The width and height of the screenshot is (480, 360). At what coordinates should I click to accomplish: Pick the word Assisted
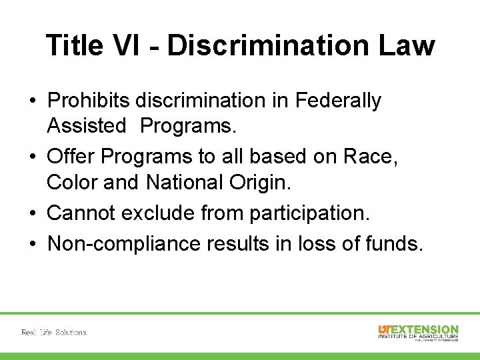(87, 125)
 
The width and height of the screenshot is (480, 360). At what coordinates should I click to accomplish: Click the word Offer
(71, 157)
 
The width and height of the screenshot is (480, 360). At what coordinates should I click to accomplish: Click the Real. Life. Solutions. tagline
(54, 332)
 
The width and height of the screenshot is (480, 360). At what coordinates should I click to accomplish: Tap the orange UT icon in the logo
(385, 329)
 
